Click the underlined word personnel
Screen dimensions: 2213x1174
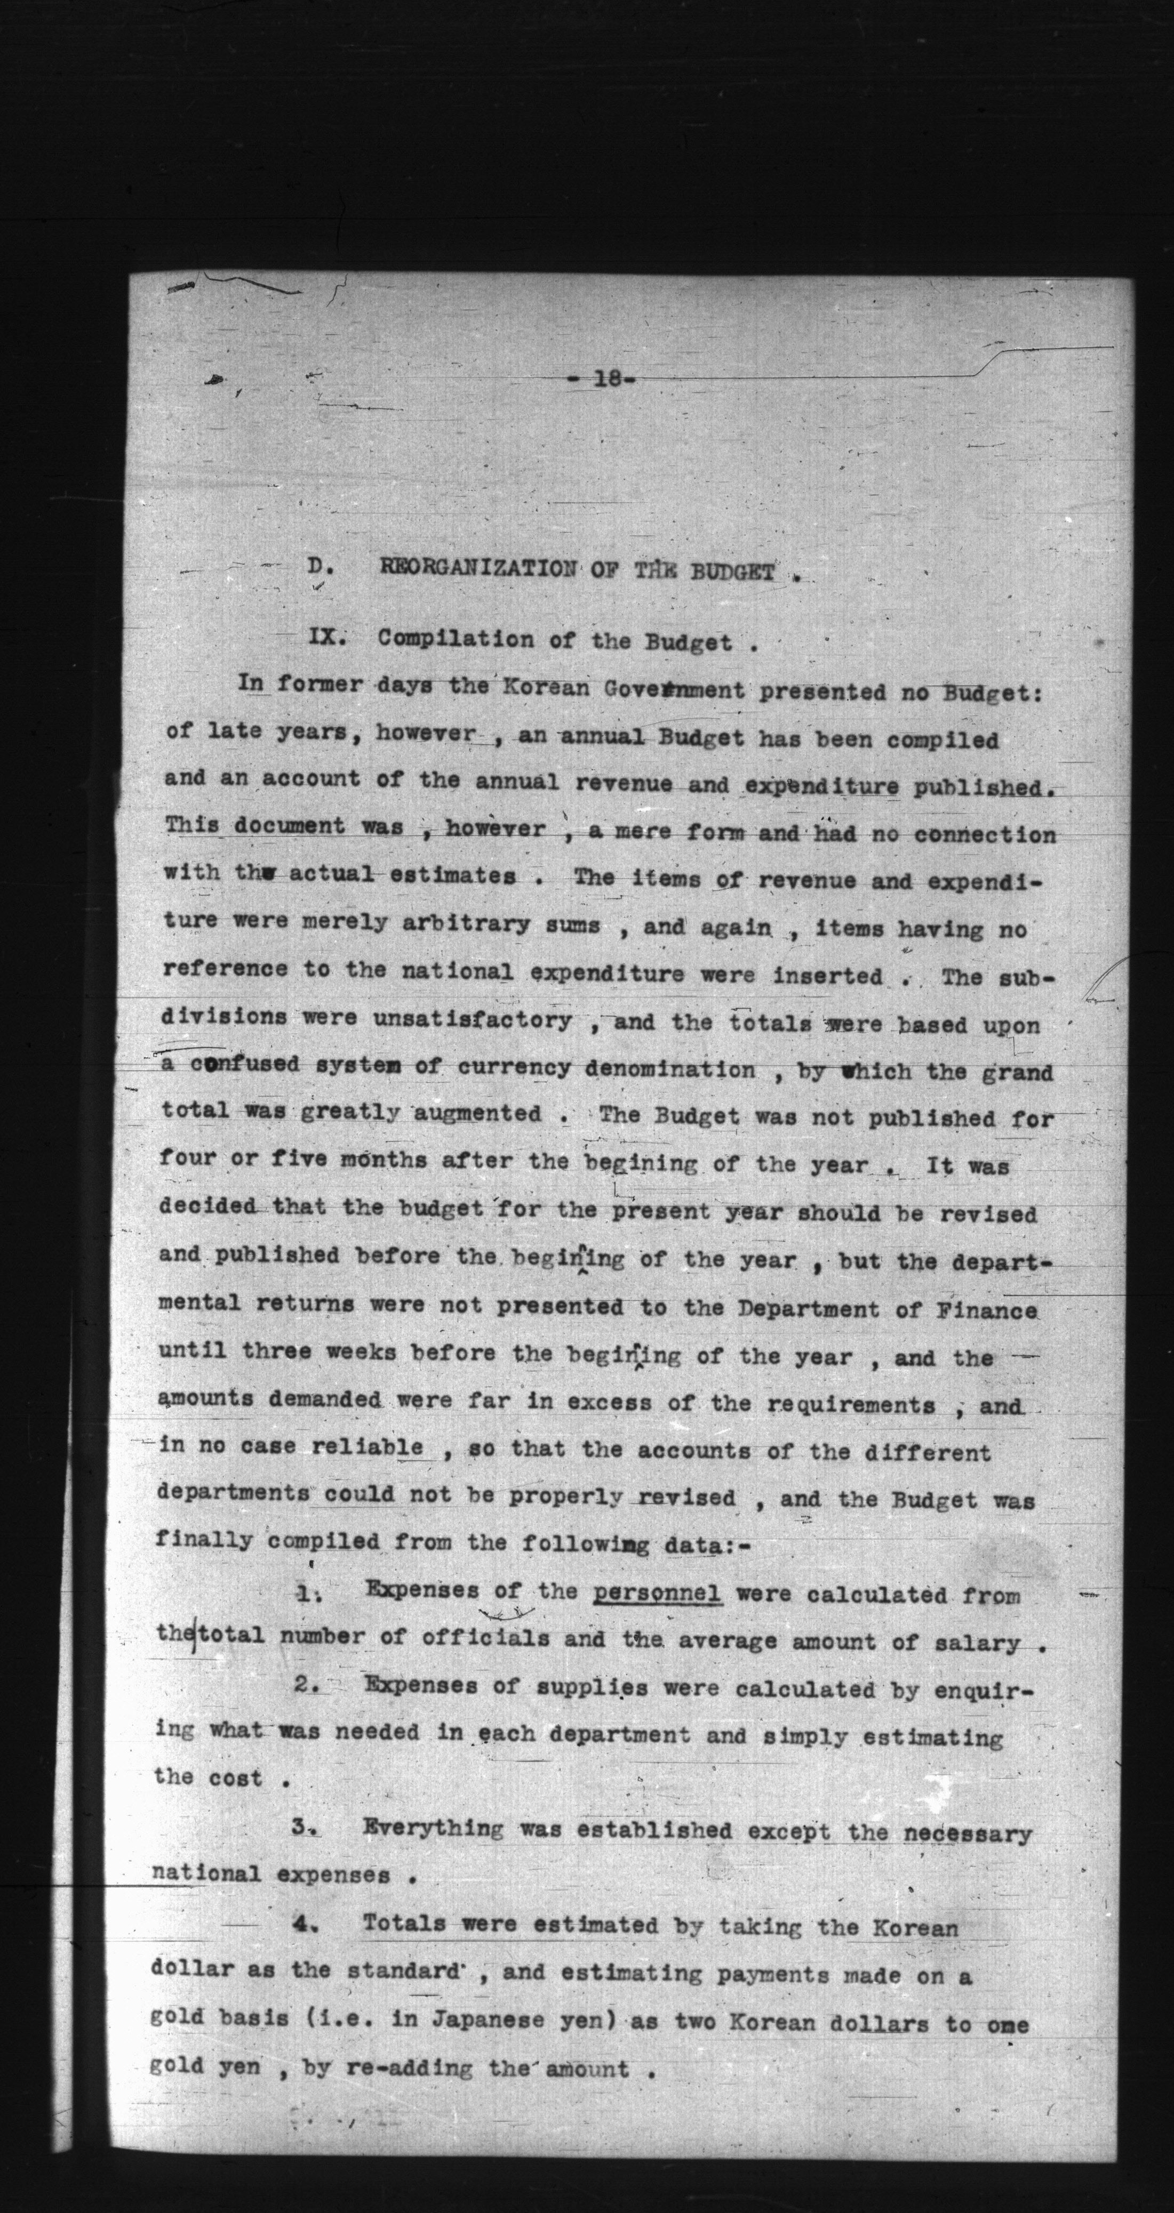coord(657,1594)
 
